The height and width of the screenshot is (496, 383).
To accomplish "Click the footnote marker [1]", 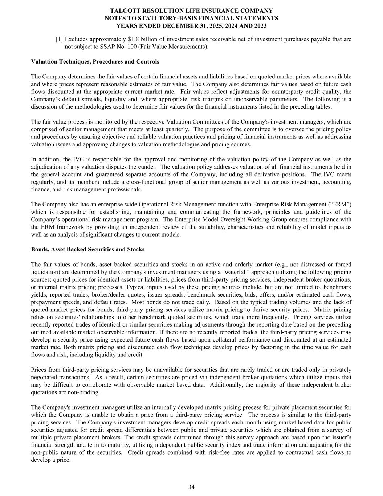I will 59,39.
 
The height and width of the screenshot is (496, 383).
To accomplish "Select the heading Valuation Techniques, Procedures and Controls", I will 95,61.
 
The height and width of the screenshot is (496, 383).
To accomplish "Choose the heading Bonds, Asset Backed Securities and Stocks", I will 88,249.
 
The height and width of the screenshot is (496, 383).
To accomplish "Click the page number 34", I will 191,487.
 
